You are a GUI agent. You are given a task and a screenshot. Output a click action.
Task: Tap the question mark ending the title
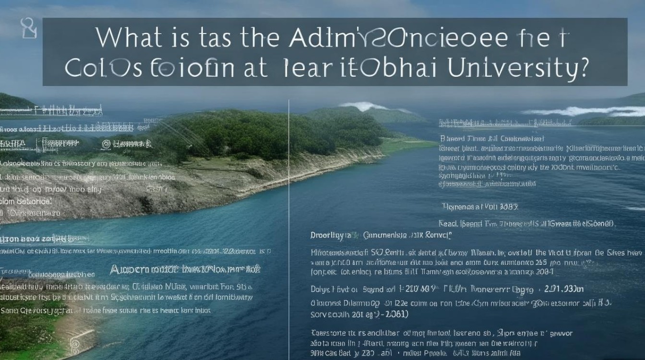tap(583, 69)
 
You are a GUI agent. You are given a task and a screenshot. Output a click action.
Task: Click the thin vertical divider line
tap(289, 216)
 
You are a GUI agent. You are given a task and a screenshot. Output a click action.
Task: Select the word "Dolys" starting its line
tap(320, 289)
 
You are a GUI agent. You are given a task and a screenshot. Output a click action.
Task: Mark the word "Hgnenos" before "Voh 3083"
tap(458, 207)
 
